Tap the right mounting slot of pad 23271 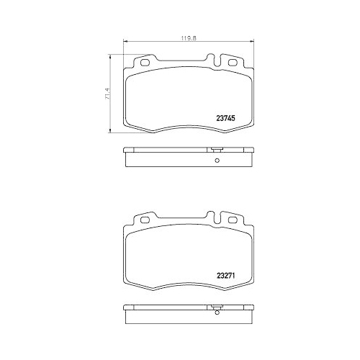(233, 220)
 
